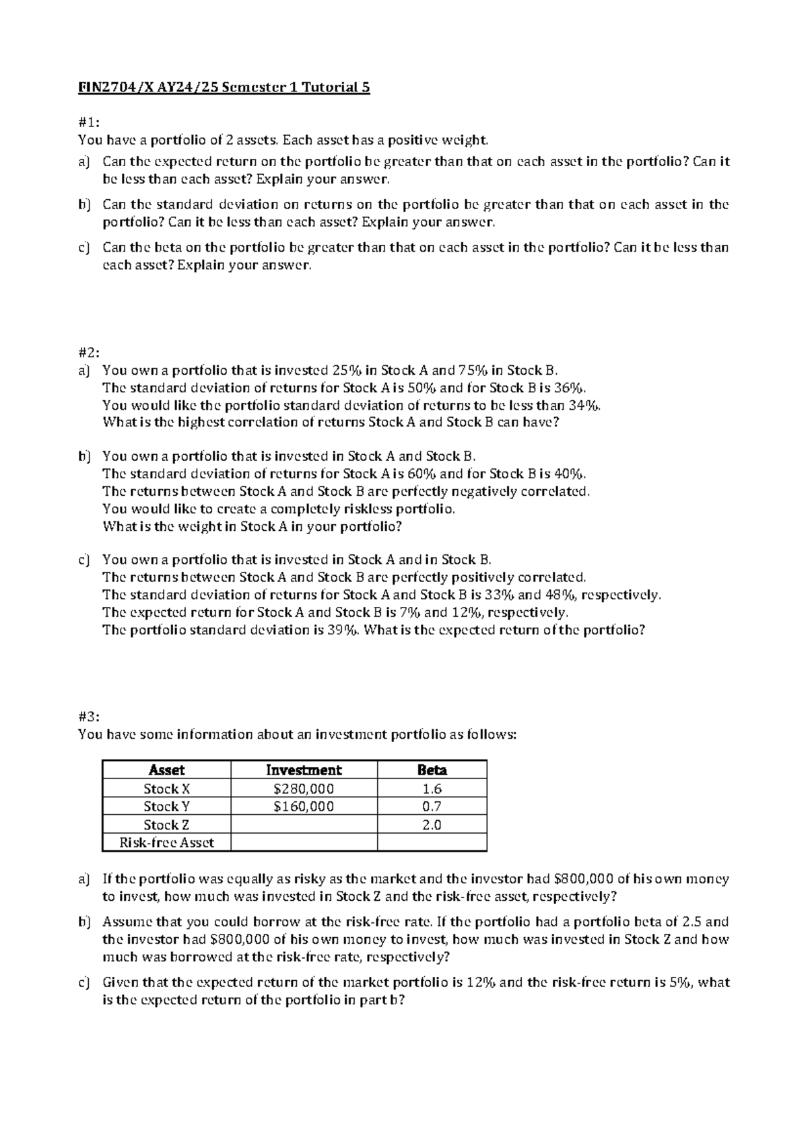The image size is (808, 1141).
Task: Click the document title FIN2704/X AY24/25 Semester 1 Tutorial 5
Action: click(x=224, y=87)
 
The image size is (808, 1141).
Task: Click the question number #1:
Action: click(x=89, y=122)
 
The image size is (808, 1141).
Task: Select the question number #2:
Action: click(x=89, y=353)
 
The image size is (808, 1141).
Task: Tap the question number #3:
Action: click(x=89, y=717)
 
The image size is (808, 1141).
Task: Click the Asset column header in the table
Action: click(x=166, y=770)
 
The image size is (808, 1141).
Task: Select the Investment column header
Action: click(x=304, y=770)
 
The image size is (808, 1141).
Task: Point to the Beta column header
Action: click(x=432, y=770)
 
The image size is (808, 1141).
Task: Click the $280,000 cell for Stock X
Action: click(x=304, y=788)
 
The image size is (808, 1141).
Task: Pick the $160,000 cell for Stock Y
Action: click(x=304, y=807)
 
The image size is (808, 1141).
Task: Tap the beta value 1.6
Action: click(x=432, y=788)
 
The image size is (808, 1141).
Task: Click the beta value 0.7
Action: click(x=432, y=807)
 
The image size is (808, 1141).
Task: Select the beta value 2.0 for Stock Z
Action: click(x=432, y=825)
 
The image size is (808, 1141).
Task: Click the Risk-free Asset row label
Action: click(x=166, y=843)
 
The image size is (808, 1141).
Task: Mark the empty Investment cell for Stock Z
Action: click(x=304, y=825)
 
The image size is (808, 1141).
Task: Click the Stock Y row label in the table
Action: click(x=166, y=807)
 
